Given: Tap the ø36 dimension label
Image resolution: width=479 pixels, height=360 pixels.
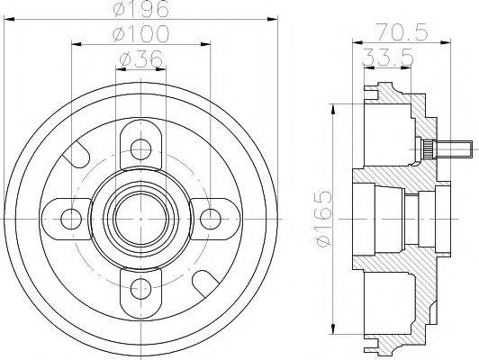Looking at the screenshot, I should [140, 59].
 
